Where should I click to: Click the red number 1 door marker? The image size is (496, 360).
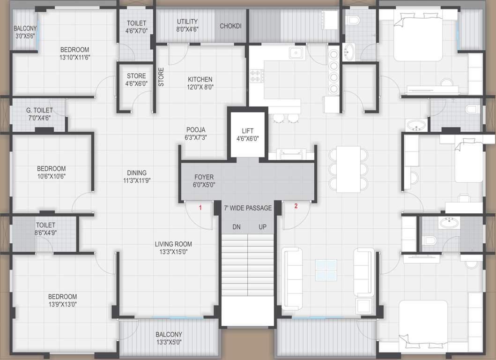[200, 207]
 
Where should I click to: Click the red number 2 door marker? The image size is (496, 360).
[296, 206]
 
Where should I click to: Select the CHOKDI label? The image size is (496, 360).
[230, 26]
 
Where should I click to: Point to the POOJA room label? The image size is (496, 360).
[196, 134]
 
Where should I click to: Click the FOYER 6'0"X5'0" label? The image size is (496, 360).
[204, 181]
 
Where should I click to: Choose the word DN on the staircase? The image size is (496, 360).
[237, 227]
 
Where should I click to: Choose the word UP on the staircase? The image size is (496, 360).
[263, 227]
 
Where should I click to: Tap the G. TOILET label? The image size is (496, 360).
[39, 114]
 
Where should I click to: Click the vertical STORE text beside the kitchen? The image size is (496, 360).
[161, 77]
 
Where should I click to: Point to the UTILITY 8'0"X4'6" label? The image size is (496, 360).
[187, 25]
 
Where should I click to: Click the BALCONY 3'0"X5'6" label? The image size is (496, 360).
[25, 32]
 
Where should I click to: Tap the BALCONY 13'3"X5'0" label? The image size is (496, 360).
[169, 338]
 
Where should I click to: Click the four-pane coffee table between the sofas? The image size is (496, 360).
[326, 269]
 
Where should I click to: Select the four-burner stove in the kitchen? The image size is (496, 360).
[257, 76]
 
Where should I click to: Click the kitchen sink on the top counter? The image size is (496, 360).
[296, 52]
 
